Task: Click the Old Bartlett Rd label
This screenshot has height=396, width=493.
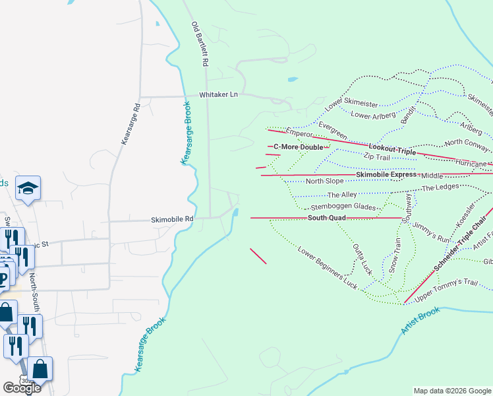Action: point(200,44)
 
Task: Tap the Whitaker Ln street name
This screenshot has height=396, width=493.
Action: point(218,95)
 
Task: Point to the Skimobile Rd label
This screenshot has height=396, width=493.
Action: point(172,219)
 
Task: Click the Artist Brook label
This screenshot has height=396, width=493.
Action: point(420,321)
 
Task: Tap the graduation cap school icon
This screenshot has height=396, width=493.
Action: point(29,188)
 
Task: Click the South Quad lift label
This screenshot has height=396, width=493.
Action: point(327,218)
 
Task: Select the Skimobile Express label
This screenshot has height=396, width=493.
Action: point(386,174)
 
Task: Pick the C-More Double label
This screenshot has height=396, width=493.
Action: point(299,147)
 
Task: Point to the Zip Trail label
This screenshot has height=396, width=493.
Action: point(378,156)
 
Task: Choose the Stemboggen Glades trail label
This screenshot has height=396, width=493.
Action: point(343,207)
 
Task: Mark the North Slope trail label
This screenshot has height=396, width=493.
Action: point(324,181)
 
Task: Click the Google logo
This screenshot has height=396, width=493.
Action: point(22,388)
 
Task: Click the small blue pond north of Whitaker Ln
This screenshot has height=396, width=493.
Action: point(292,80)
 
